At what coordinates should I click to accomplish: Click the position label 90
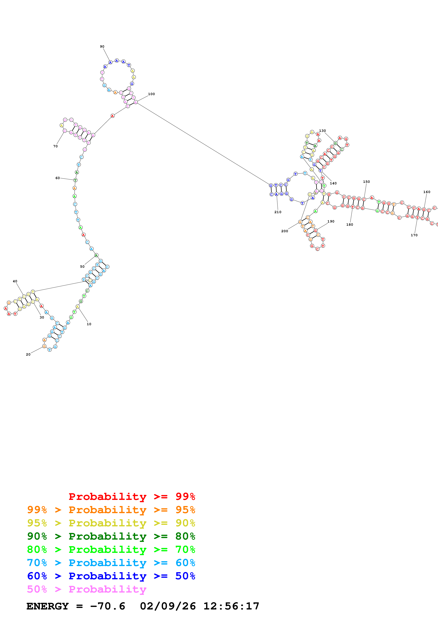[102, 47]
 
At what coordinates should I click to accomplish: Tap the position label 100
[151, 94]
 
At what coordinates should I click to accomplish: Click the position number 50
[82, 267]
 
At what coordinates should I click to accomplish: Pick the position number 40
[15, 281]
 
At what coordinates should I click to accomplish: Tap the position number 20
[28, 354]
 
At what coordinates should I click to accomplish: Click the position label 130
[322, 131]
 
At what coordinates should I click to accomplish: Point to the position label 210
[278, 212]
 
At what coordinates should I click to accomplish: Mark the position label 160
[427, 192]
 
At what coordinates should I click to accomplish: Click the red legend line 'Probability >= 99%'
[132, 497]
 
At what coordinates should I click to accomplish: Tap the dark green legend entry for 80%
[111, 536]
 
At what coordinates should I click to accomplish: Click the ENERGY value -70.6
[108, 606]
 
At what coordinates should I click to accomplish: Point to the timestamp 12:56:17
[231, 606]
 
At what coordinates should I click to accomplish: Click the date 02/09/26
[168, 606]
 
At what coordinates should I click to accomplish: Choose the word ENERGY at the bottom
[48, 606]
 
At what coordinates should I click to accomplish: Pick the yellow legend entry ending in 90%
[111, 523]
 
